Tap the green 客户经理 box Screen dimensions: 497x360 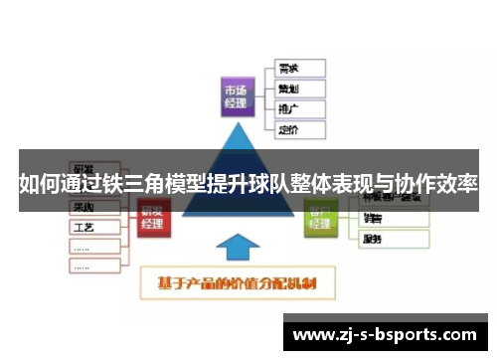click(x=320, y=217)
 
